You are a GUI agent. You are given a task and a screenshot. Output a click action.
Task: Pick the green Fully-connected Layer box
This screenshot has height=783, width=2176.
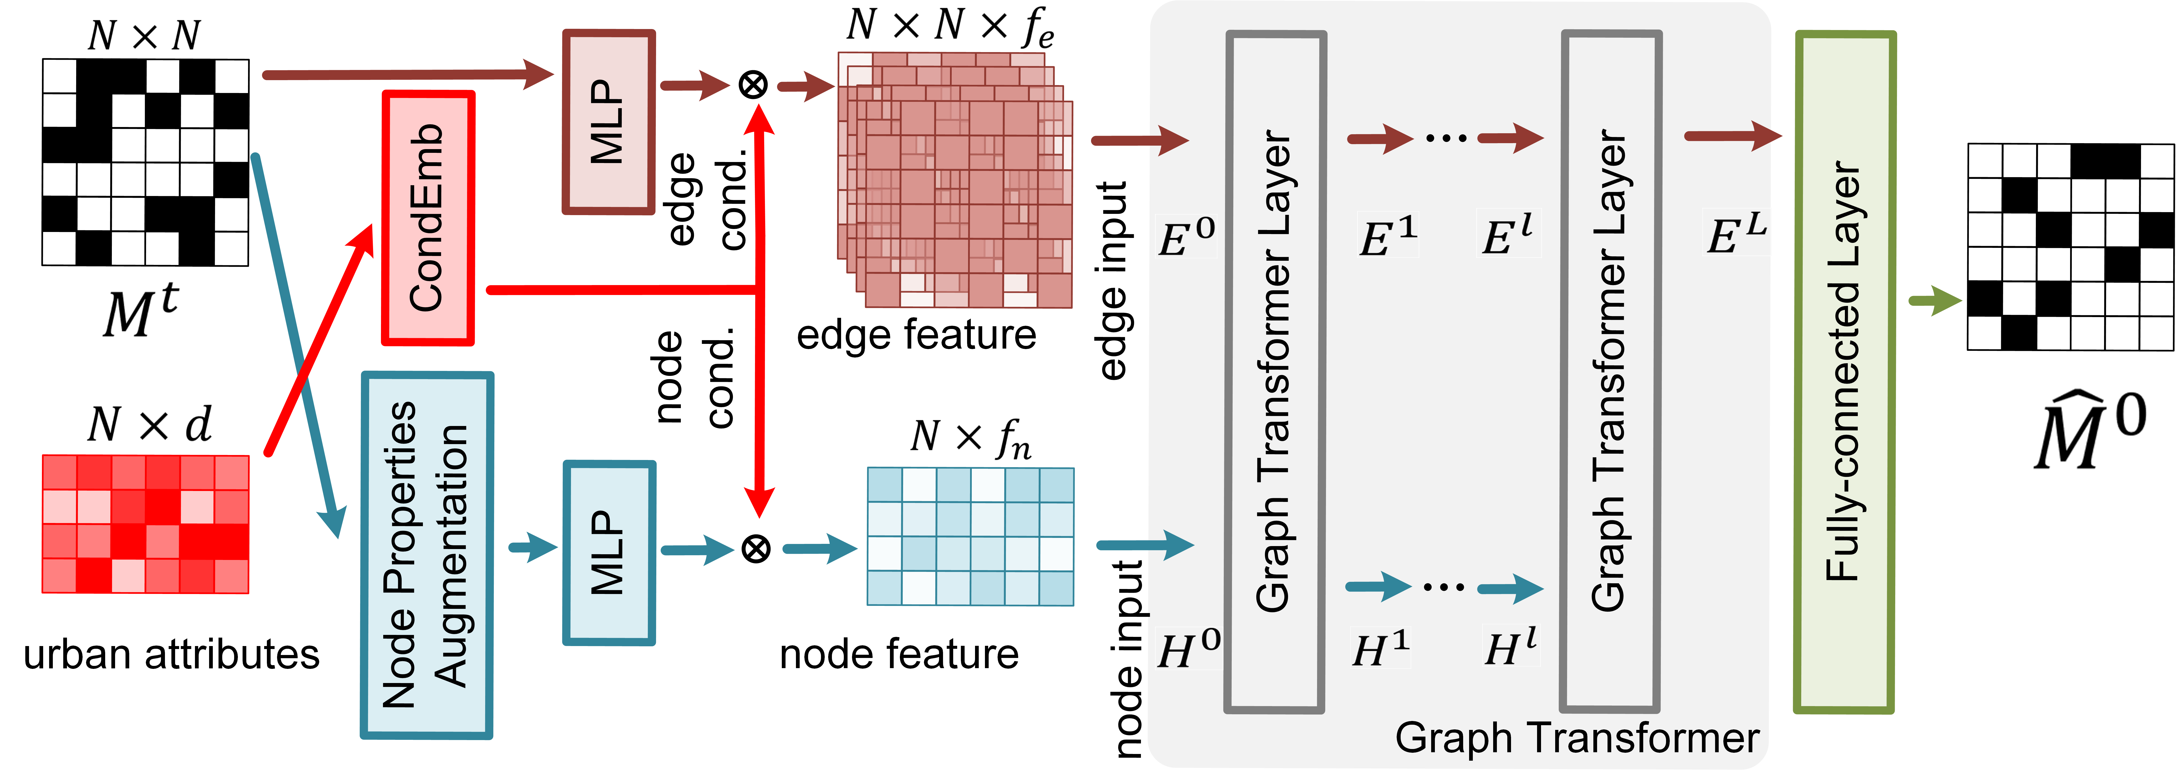[x=1844, y=372]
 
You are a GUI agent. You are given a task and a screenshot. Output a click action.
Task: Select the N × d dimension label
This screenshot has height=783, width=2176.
[x=150, y=424]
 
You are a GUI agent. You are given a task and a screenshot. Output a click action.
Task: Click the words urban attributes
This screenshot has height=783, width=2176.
[x=171, y=655]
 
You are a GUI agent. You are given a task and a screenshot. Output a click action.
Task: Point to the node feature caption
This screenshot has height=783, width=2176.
[x=899, y=655]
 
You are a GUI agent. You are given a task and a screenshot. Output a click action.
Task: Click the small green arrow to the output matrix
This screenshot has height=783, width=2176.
[x=1934, y=301]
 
